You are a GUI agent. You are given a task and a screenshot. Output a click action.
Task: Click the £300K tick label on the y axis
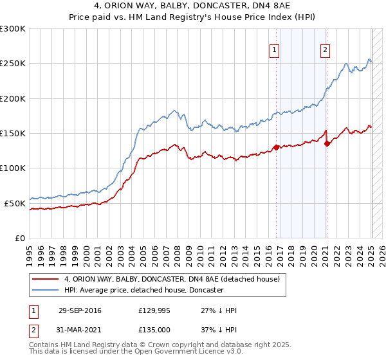pyautogui.click(x=13, y=29)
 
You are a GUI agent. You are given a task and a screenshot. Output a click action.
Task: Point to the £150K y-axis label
pyautogui.click(x=13, y=133)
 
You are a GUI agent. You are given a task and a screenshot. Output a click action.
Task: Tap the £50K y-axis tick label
pyautogui.click(x=15, y=203)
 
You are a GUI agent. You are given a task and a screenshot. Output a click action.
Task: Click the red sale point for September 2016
pyautogui.click(x=277, y=147)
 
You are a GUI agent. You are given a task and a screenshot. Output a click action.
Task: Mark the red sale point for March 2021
pyautogui.click(x=327, y=143)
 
